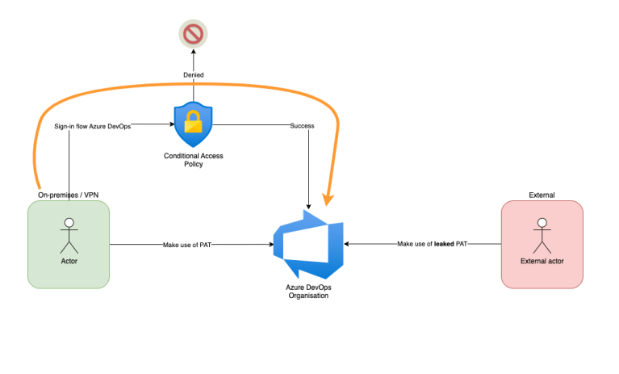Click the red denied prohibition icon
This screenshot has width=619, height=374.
pos(192,35)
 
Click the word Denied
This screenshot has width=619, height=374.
pos(192,75)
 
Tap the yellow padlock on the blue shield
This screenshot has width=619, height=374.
pos(193,123)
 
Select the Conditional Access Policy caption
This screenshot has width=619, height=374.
pos(193,159)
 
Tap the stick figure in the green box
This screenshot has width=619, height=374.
pos(69,235)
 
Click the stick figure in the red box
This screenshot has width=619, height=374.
pos(542,235)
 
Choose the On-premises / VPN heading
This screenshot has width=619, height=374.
pos(68,195)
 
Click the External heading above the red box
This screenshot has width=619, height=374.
pos(542,195)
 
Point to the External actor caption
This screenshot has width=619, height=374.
pos(542,261)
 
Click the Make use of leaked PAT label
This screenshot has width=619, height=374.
pos(432,243)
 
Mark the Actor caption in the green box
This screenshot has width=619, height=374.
pos(69,261)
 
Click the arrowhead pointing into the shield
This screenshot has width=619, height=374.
pos(170,125)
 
